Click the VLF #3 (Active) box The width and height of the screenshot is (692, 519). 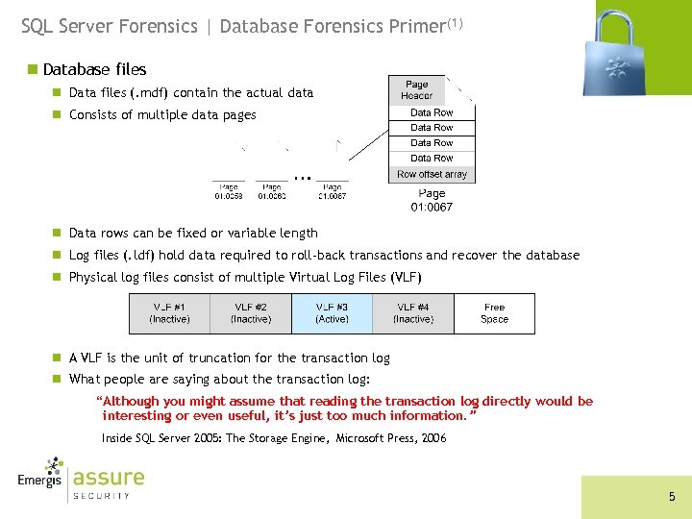tap(332, 313)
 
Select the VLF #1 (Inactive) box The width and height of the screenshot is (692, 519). tap(169, 313)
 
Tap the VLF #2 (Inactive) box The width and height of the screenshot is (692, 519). tap(250, 313)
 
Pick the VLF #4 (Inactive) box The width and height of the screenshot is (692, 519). tap(413, 313)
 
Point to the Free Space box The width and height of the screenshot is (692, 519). tap(494, 313)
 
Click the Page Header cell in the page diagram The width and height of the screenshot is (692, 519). tap(417, 90)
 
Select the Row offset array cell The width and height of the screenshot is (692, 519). tap(432, 175)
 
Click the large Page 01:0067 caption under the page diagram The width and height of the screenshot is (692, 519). tap(432, 200)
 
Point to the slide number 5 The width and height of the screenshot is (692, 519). tap(672, 497)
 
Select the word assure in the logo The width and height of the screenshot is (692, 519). tap(109, 478)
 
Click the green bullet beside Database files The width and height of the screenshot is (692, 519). tap(34, 69)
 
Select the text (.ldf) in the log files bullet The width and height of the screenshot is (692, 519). tap(142, 256)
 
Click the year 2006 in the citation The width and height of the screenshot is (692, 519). tap(432, 438)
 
